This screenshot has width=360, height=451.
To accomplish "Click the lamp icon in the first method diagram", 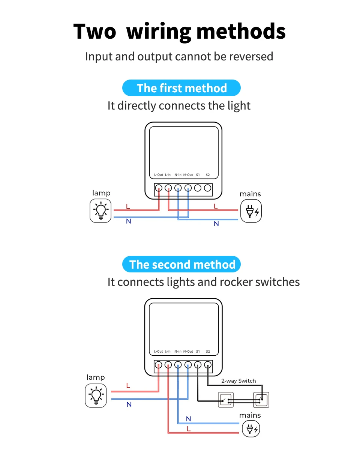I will pyautogui.click(x=100, y=210).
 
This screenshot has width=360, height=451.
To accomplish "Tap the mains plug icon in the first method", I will pyautogui.click(x=251, y=211).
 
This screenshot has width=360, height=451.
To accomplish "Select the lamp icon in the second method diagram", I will pyautogui.click(x=96, y=395).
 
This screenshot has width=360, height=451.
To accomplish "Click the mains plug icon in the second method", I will pyautogui.click(x=251, y=428).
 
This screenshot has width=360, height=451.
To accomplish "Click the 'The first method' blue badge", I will pyautogui.click(x=181, y=88).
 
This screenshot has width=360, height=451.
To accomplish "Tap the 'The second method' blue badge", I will pyautogui.click(x=181, y=264).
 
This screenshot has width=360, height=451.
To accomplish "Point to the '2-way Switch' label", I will pyautogui.click(x=238, y=381).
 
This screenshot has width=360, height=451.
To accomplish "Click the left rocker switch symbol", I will pyautogui.click(x=226, y=400).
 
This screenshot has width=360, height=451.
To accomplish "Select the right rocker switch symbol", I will pyautogui.click(x=262, y=400).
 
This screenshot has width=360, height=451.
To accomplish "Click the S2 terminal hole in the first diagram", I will pyautogui.click(x=207, y=188).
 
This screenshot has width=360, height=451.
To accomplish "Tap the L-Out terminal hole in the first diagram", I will pyautogui.click(x=159, y=188).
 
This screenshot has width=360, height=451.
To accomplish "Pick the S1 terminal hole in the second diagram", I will pyautogui.click(x=198, y=365).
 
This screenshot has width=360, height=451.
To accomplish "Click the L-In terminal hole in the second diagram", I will pyautogui.click(x=168, y=365).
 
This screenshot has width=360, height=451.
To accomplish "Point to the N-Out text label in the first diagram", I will pyautogui.click(x=188, y=175).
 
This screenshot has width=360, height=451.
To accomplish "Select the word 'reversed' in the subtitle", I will pyautogui.click(x=251, y=56).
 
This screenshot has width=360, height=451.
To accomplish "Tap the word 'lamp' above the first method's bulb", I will pyautogui.click(x=101, y=193).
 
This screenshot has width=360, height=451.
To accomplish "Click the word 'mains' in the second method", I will pyautogui.click(x=250, y=415).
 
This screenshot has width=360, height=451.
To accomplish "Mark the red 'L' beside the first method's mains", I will pyautogui.click(x=216, y=206).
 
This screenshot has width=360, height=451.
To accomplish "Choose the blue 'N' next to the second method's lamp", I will pyautogui.click(x=129, y=404).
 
